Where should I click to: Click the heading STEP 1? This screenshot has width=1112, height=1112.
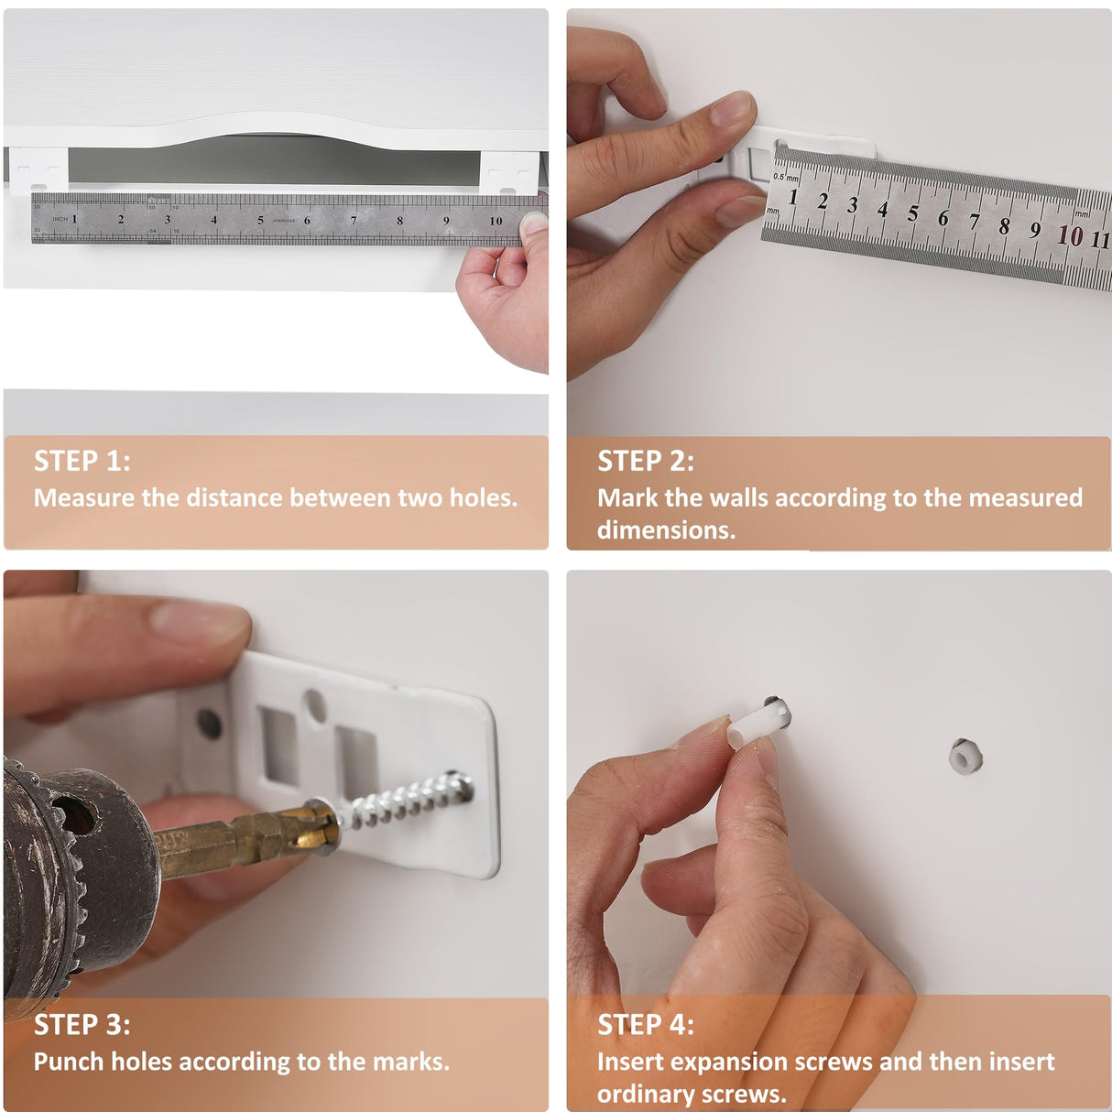pyautogui.click(x=82, y=461)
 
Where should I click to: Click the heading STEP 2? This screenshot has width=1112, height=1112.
pyautogui.click(x=646, y=461)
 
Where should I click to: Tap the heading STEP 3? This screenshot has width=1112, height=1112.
pyautogui.click(x=82, y=1025)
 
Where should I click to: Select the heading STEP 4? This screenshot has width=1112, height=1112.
pyautogui.click(x=646, y=1025)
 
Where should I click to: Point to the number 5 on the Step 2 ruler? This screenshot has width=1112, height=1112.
pyautogui.click(x=912, y=213)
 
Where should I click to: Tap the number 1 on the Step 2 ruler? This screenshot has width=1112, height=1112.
pyautogui.click(x=793, y=197)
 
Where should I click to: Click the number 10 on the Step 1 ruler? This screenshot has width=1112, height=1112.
pyautogui.click(x=496, y=221)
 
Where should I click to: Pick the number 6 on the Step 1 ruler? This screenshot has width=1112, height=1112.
pyautogui.click(x=307, y=220)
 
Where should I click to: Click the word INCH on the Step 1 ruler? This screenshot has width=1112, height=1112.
pyautogui.click(x=60, y=219)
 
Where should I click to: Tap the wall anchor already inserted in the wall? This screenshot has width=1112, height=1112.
pyautogui.click(x=965, y=757)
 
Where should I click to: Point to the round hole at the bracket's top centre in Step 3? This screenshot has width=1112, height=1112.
pyautogui.click(x=315, y=704)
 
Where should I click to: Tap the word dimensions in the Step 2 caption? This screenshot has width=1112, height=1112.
pyautogui.click(x=667, y=529)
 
